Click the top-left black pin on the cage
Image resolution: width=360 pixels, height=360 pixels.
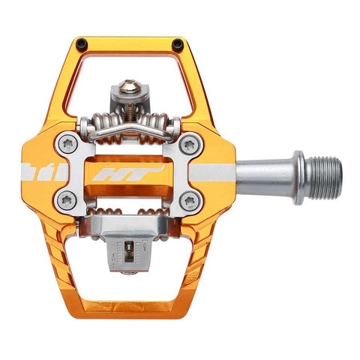click(81, 43)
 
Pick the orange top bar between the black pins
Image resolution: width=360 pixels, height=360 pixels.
click(129, 39)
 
